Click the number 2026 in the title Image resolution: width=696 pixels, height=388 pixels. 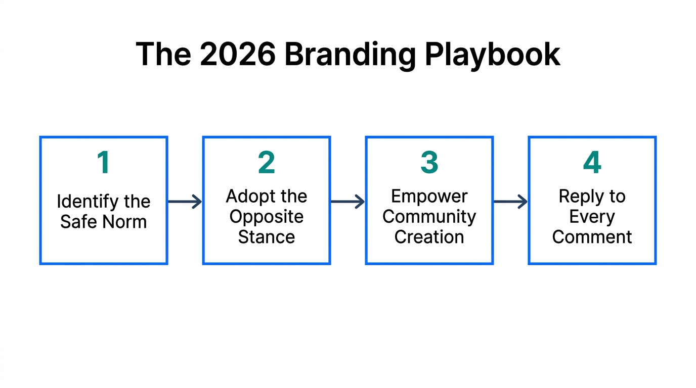[x=238, y=54]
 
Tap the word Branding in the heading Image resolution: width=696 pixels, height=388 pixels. [x=349, y=55]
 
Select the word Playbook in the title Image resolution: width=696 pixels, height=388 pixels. [x=492, y=54]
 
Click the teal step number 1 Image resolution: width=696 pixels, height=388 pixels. [x=104, y=163]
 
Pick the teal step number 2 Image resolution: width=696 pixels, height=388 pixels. [x=267, y=163]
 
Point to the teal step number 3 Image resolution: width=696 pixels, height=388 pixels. [x=429, y=163]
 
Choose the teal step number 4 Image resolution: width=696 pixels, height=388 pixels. [x=592, y=163]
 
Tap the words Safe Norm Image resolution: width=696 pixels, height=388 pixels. [x=104, y=222]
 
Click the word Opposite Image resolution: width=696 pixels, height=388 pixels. [x=267, y=217]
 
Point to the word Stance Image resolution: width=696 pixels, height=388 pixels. [x=267, y=237]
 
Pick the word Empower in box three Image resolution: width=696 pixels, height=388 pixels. [x=429, y=196]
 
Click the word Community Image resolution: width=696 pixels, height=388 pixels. [x=429, y=217]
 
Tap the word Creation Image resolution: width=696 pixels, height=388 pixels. [x=429, y=237]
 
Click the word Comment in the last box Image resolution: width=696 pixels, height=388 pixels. [x=592, y=237]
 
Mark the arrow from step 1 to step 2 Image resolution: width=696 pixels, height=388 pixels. [x=185, y=202]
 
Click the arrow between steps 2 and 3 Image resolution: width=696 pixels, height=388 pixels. [x=347, y=202]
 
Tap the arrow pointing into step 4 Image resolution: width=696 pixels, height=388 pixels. [x=510, y=202]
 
